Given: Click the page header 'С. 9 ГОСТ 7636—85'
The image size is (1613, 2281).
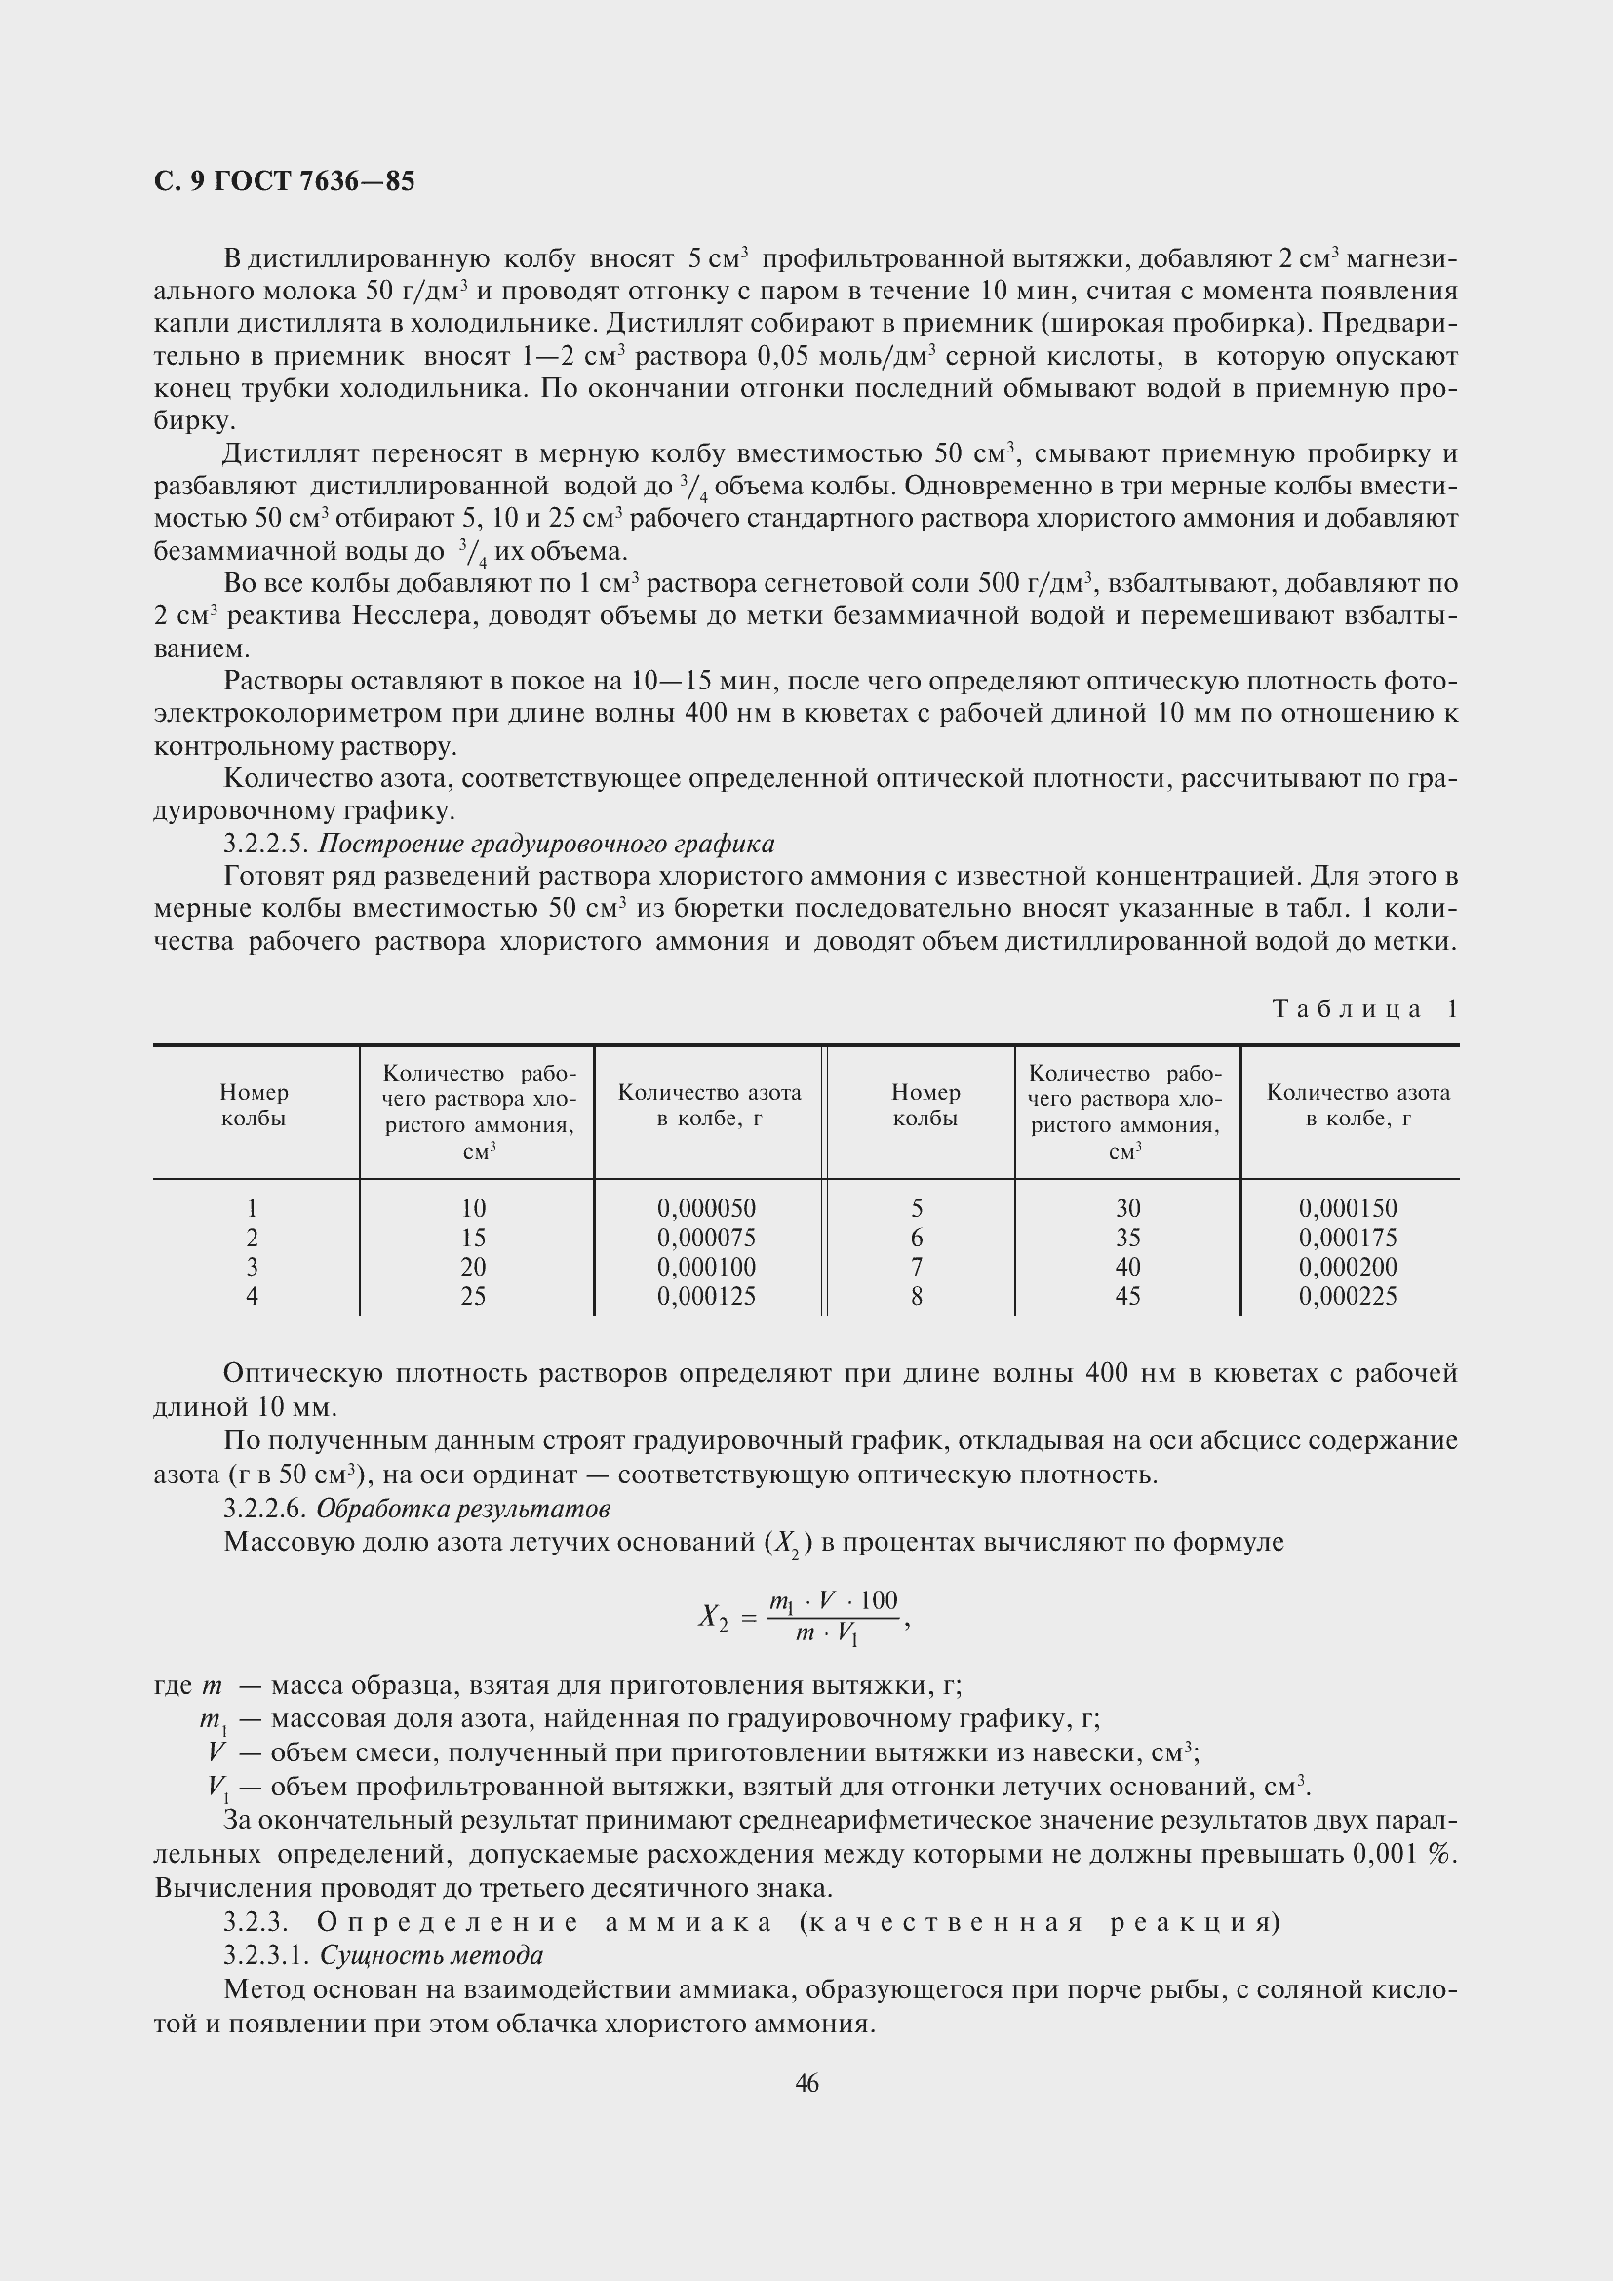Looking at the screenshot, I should (x=284, y=181).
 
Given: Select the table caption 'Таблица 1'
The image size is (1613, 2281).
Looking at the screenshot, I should (x=1364, y=1009).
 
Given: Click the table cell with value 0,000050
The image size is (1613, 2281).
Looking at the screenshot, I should (x=706, y=1208).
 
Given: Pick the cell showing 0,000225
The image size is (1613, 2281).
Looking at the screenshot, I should (x=1348, y=1295).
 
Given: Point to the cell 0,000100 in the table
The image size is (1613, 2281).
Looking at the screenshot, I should (x=706, y=1267).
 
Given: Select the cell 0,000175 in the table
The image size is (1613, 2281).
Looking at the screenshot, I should (x=1348, y=1238).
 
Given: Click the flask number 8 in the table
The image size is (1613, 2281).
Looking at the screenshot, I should (x=916, y=1295).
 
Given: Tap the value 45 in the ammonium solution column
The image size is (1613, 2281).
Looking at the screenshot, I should (x=1127, y=1295).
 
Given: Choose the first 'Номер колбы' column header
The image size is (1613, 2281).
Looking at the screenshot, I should (x=255, y=1105).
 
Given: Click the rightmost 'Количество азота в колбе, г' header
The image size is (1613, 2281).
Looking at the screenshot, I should (x=1357, y=1105).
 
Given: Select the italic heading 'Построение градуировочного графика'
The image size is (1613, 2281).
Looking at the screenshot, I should (x=545, y=844).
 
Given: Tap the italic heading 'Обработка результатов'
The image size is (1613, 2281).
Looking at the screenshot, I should (x=462, y=1508).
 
